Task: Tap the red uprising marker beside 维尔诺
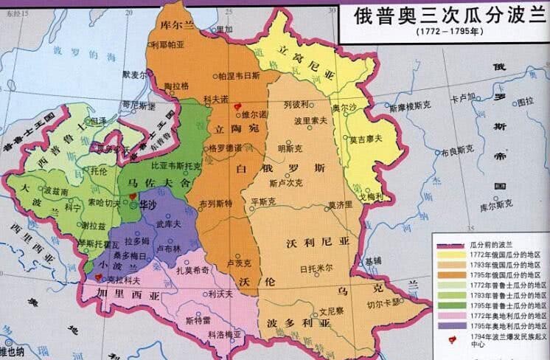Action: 237,107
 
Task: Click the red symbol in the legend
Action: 448,339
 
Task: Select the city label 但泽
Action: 97,120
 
